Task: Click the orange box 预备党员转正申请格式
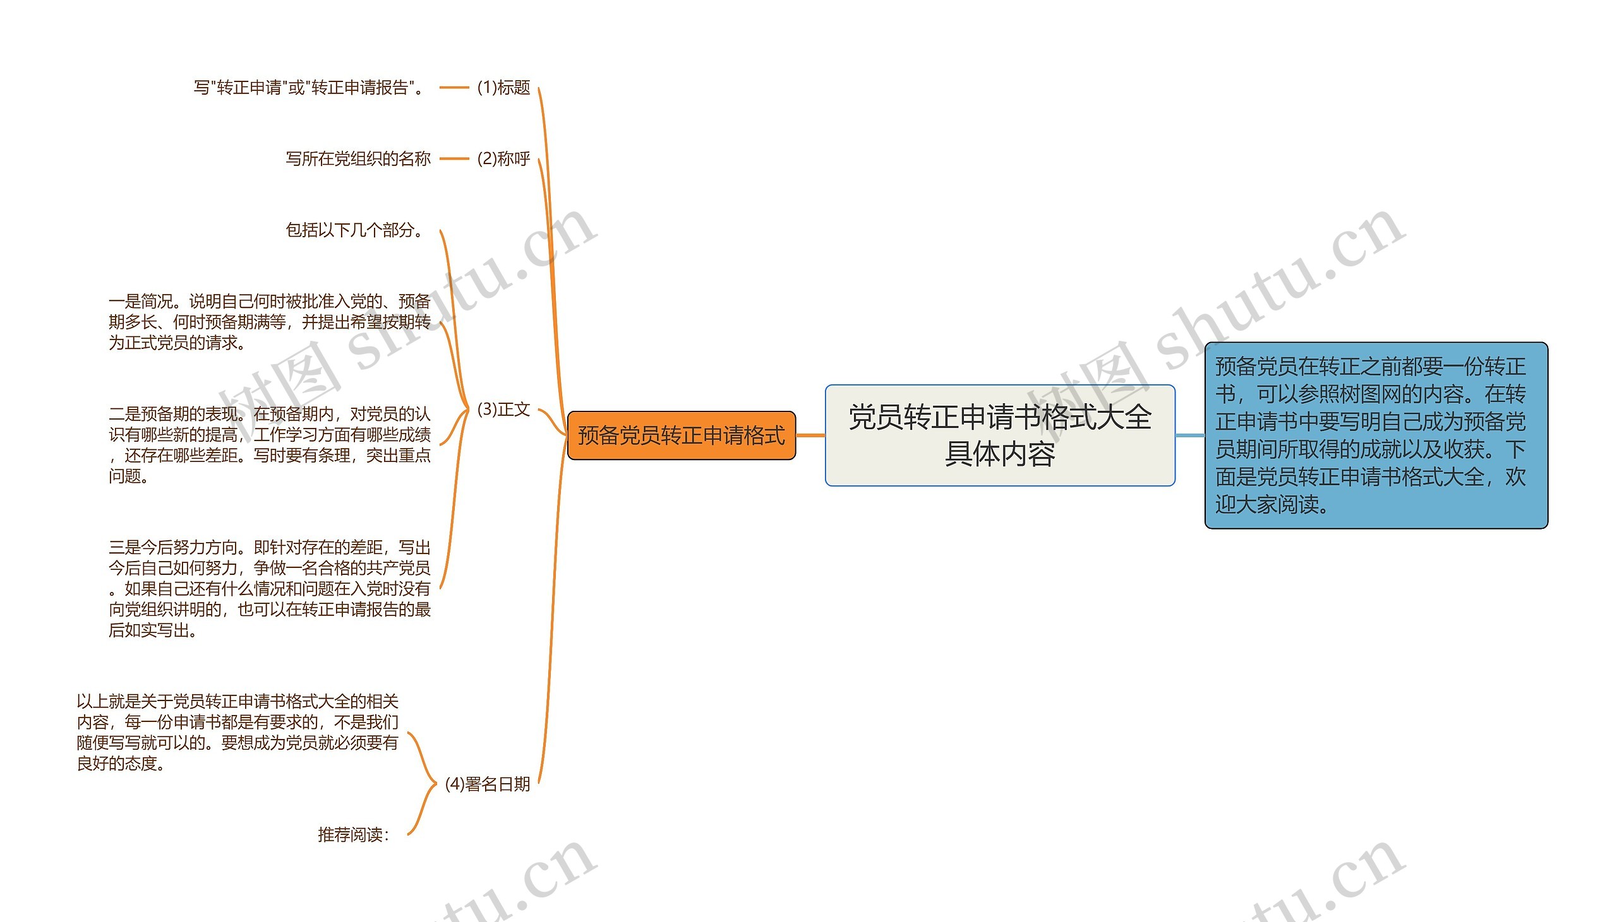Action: tap(681, 435)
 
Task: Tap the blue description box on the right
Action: tap(1376, 435)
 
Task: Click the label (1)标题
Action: tap(503, 87)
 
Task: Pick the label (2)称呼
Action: tap(503, 158)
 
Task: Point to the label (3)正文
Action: tap(503, 409)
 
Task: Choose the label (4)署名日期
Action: tap(487, 784)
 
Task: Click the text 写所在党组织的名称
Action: tap(358, 158)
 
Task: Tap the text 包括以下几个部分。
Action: tap(355, 230)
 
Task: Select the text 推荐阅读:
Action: tap(353, 835)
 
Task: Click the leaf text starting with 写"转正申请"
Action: tap(309, 87)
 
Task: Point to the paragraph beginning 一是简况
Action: tap(269, 322)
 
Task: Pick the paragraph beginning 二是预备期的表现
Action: tap(269, 444)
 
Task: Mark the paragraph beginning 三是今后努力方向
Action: tap(269, 588)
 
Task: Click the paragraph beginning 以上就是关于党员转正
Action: tap(237, 732)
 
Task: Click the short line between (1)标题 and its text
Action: tap(454, 87)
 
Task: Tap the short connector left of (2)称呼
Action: tap(454, 158)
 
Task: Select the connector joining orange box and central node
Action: tap(810, 435)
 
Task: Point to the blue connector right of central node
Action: tap(1190, 435)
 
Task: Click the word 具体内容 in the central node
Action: tap(999, 454)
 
